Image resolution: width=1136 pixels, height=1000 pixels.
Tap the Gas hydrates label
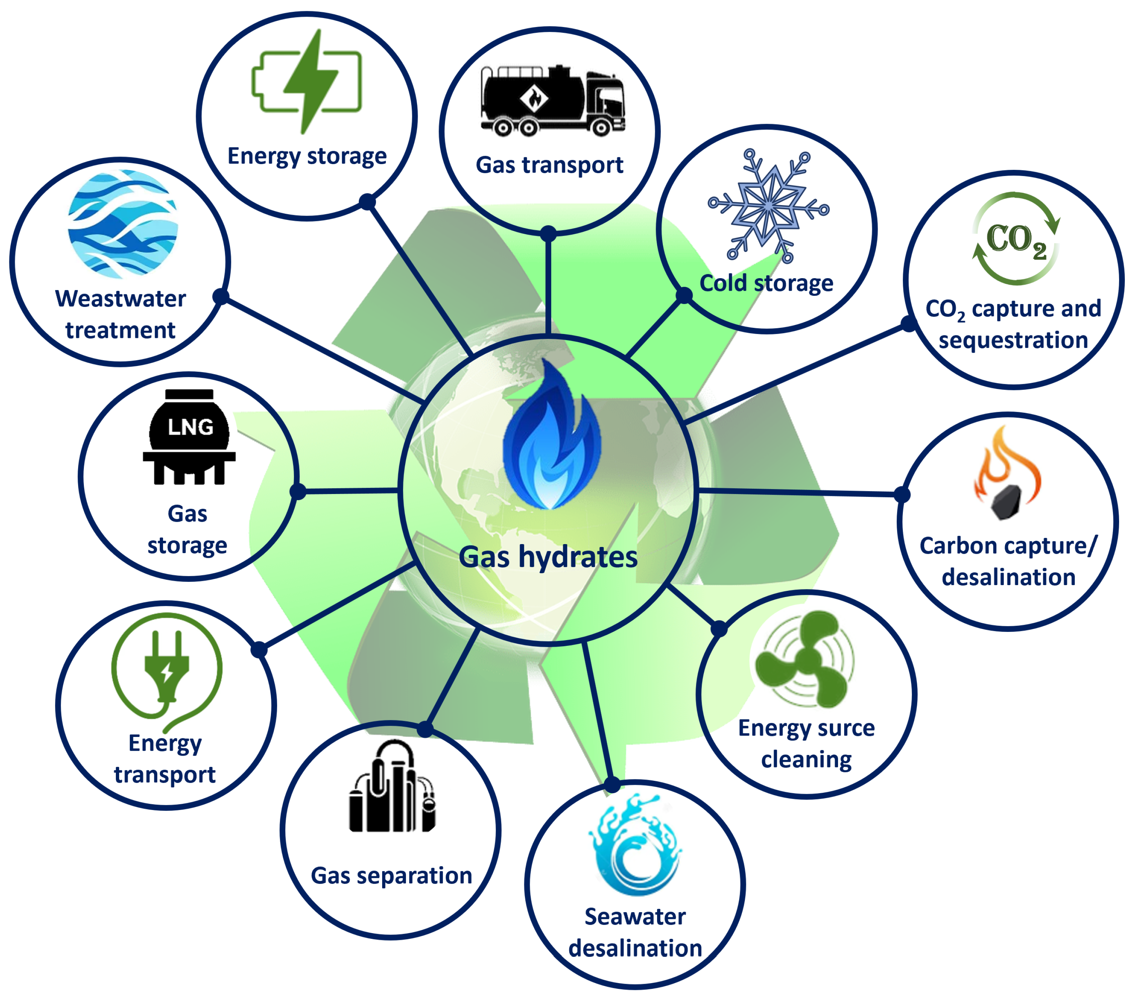coord(548,557)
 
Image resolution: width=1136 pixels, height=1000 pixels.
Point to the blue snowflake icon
coord(768,206)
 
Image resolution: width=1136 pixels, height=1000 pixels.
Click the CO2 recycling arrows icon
coord(1016,239)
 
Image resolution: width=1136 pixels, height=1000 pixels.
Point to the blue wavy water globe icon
coord(123,224)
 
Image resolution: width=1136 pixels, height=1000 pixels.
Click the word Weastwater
coord(121,299)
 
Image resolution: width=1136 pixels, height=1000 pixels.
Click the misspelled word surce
coord(845,728)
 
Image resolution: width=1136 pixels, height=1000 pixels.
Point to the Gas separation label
coord(391,875)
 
